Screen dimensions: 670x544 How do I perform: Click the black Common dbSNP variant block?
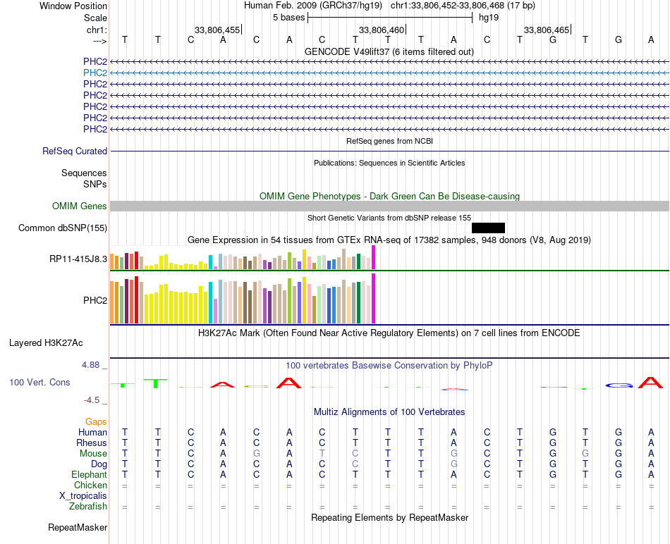(489, 228)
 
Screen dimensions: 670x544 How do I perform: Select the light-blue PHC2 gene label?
(95, 73)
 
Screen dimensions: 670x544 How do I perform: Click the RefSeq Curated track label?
(75, 152)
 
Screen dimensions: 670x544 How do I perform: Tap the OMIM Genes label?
(80, 206)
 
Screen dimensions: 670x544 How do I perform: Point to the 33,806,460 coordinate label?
(381, 30)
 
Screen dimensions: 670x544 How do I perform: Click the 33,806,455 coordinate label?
(217, 30)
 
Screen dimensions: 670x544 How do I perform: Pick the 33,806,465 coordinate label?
(547, 30)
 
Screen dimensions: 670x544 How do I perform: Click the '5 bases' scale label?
(289, 18)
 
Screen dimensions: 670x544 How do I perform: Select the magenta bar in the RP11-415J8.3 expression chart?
(374, 257)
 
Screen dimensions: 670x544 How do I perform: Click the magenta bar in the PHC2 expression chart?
(374, 299)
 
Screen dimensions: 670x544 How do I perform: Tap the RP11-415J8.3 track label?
(78, 259)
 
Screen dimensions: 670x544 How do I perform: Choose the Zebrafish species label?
(88, 507)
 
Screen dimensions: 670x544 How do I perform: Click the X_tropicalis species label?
(83, 496)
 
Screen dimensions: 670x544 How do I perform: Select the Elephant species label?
(90, 475)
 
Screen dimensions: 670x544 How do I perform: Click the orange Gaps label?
(96, 422)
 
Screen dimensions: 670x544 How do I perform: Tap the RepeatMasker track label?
(78, 528)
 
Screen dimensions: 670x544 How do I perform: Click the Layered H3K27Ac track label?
(46, 343)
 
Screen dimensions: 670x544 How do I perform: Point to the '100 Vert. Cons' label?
(39, 383)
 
